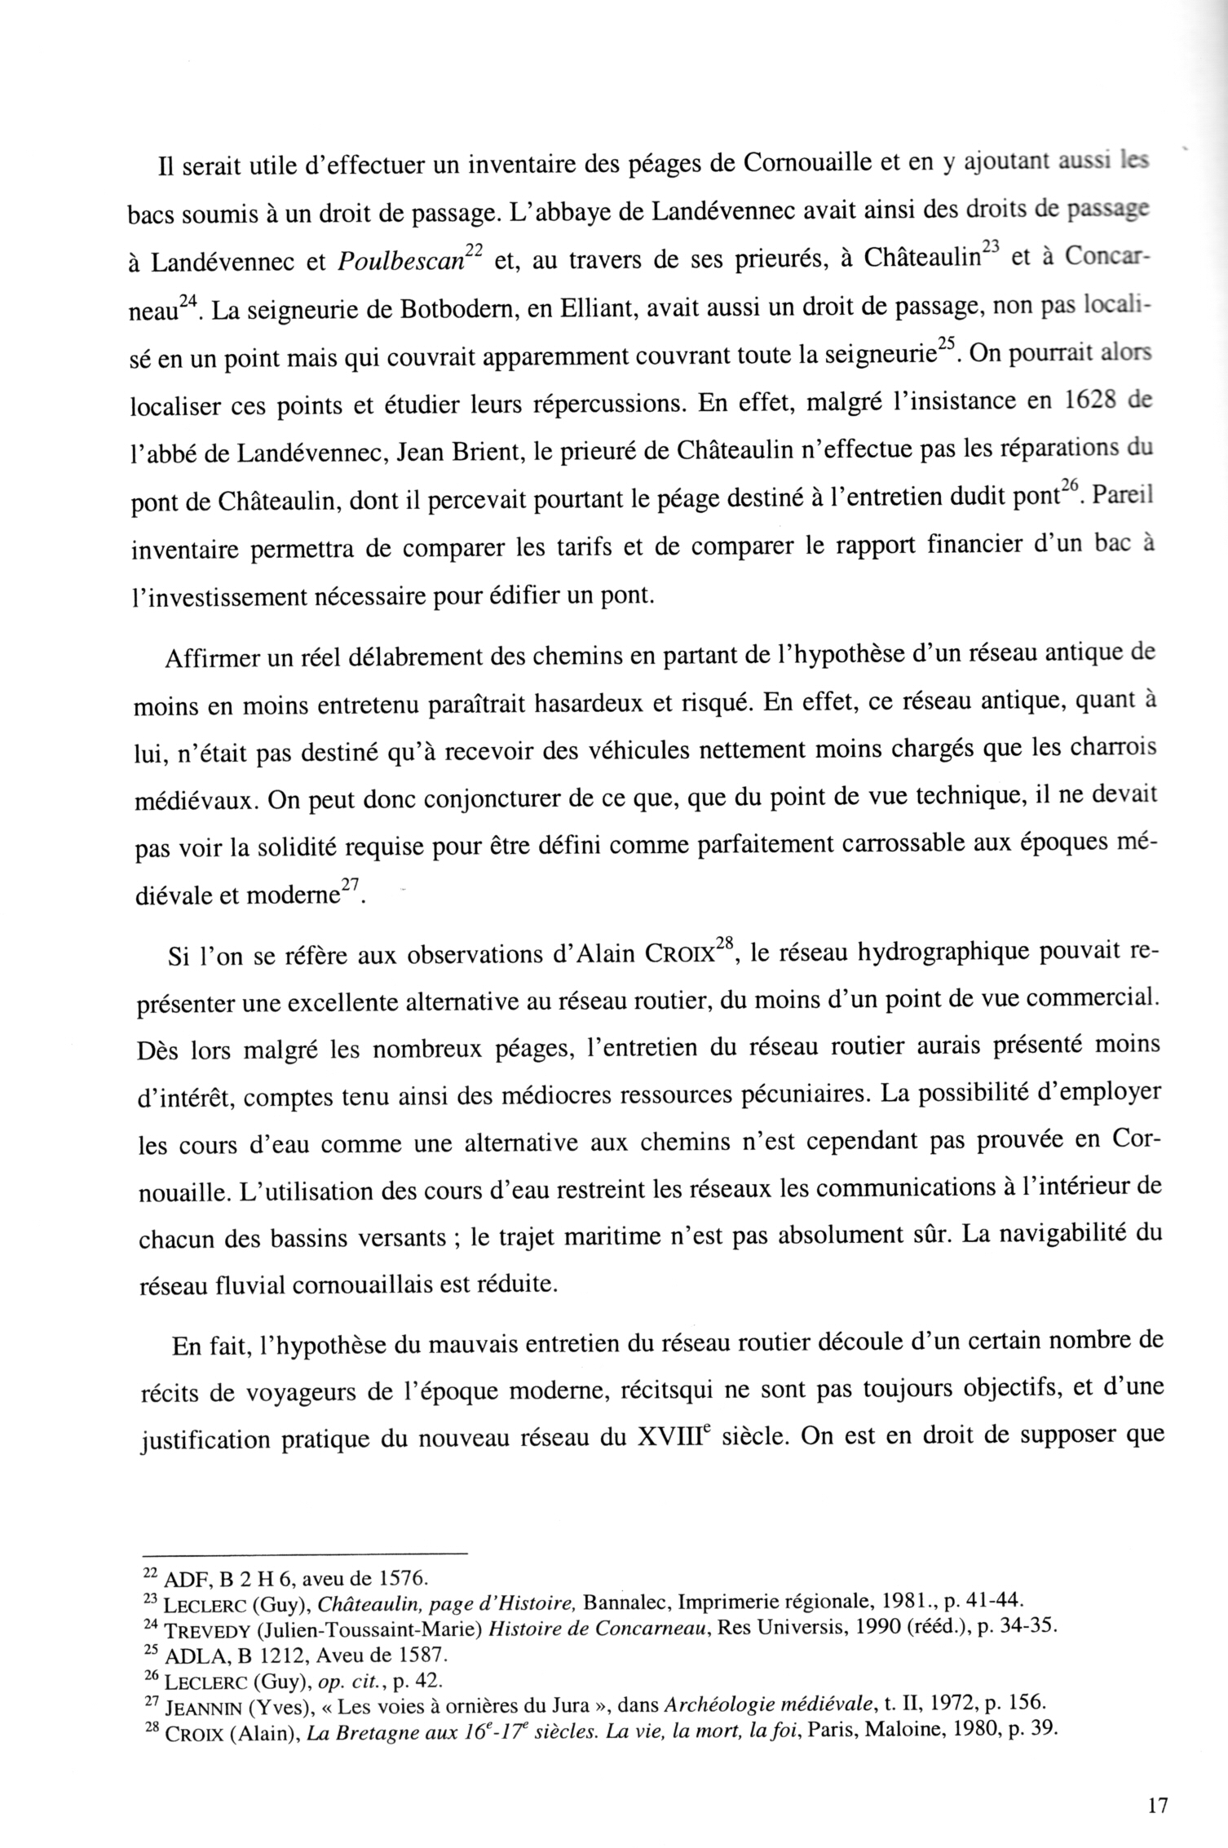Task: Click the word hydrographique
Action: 949,955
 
